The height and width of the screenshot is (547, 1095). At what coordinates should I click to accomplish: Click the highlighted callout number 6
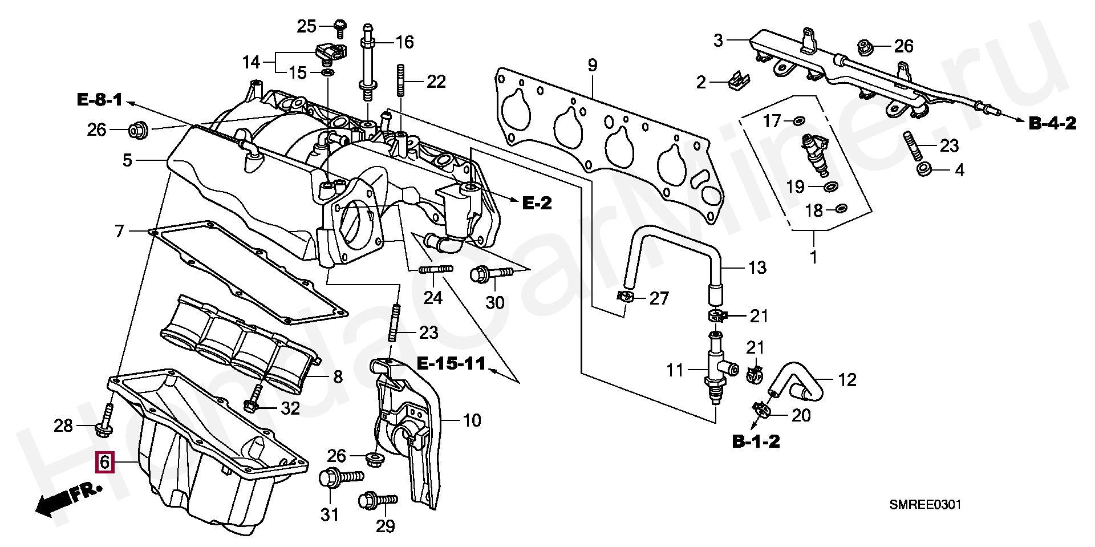pyautogui.click(x=105, y=462)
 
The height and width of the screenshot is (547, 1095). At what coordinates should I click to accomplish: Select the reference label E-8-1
pyautogui.click(x=100, y=100)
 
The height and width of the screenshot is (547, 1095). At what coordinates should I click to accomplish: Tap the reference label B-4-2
pyautogui.click(x=1053, y=123)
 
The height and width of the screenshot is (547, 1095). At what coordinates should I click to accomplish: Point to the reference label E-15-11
pyautogui.click(x=451, y=363)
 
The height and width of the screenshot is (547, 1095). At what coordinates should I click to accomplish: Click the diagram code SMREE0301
pyautogui.click(x=925, y=505)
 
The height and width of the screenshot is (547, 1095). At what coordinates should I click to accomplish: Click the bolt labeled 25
pyautogui.click(x=340, y=27)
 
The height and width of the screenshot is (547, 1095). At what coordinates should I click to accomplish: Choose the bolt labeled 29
pyautogui.click(x=377, y=500)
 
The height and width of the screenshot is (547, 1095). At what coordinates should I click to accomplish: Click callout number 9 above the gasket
pyautogui.click(x=593, y=65)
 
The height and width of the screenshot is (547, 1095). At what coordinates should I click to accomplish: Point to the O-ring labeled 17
pyautogui.click(x=798, y=120)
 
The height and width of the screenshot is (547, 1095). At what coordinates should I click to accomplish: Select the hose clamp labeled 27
pyautogui.click(x=626, y=297)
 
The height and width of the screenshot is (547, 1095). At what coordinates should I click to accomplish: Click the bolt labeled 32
pyautogui.click(x=254, y=399)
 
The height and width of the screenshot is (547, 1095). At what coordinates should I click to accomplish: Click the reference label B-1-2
pyautogui.click(x=756, y=441)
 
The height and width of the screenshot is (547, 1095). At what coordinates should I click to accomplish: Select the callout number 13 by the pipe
pyautogui.click(x=757, y=268)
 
